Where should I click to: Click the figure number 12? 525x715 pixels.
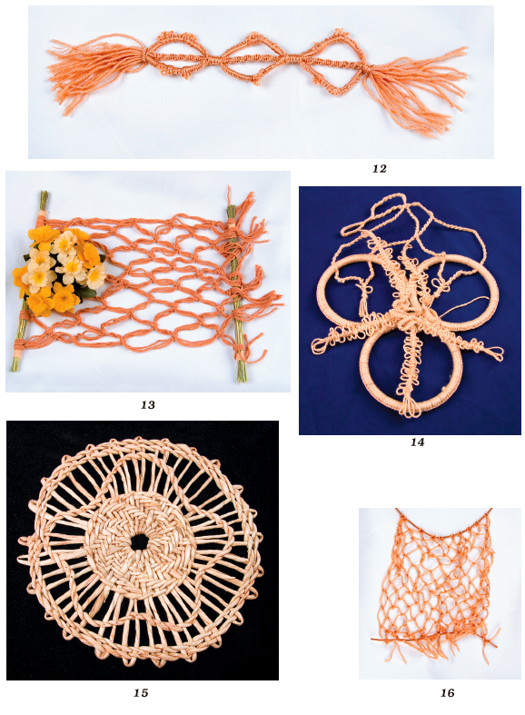coord(379,169)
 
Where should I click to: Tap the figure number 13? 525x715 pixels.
coord(148,404)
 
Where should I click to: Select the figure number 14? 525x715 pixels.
coord(417,442)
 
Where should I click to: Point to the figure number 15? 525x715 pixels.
coord(141,692)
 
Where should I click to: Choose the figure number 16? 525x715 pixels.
coord(448,692)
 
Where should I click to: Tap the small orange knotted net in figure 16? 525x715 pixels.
coord(437,583)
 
